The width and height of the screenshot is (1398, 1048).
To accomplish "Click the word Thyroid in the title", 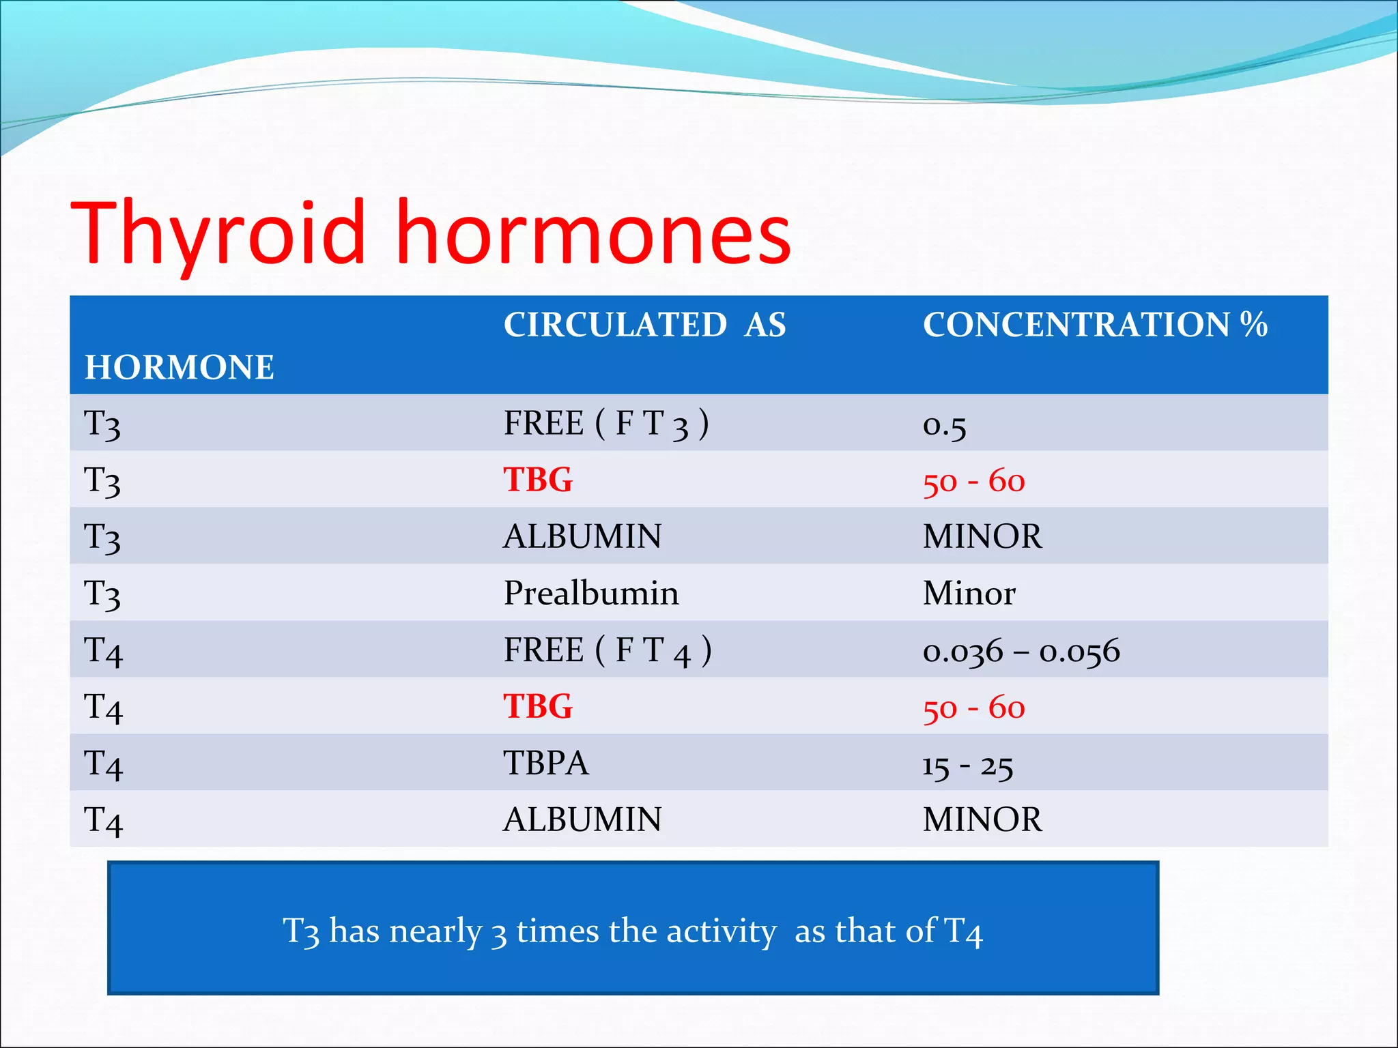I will [x=218, y=233].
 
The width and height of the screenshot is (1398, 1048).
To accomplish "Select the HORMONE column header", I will [x=179, y=367].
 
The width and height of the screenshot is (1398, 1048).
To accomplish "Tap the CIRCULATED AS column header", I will [x=644, y=325].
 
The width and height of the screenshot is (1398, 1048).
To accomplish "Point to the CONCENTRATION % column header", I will [x=1095, y=325].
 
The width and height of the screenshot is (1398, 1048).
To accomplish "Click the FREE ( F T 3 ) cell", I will [x=605, y=423].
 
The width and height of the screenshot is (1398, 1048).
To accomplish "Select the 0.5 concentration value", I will [x=944, y=426].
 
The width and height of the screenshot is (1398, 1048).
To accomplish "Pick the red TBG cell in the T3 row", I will [x=538, y=480].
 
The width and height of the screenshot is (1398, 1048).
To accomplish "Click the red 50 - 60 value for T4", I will [x=973, y=708].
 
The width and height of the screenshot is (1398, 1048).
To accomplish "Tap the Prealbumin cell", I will [x=591, y=593].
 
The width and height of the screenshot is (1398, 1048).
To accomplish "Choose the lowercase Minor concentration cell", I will [x=969, y=593].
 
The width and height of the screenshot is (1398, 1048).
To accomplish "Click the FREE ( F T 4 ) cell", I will [x=607, y=650].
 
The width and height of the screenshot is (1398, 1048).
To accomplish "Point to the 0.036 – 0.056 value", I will [x=1021, y=651].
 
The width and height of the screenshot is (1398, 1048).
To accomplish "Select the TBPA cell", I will [x=545, y=763].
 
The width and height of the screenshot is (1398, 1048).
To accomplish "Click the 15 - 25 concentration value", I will [x=967, y=766].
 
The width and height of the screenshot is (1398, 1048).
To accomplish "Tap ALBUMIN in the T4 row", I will [x=582, y=819].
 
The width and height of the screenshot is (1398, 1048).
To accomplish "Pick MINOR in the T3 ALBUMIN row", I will [x=982, y=536].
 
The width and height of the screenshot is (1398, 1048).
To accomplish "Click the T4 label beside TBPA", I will [x=103, y=764].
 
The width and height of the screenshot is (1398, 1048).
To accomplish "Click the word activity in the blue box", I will [x=721, y=931].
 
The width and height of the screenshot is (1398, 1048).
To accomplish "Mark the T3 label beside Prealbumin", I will [x=102, y=594].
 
